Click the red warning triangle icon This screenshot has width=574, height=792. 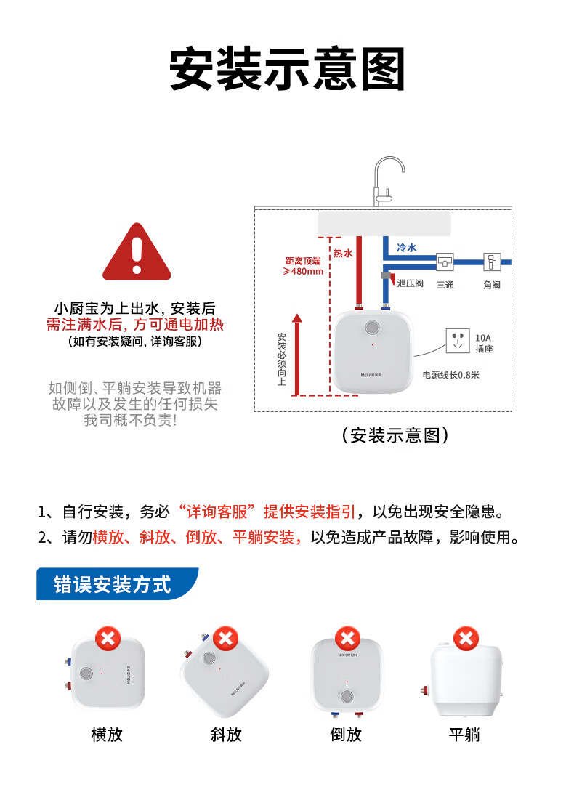[x=137, y=253]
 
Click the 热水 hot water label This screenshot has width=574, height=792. [x=342, y=254]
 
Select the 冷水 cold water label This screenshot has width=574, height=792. [x=406, y=248]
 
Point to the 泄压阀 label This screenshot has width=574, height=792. [x=410, y=283]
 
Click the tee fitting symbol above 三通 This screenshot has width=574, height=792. [x=445, y=262]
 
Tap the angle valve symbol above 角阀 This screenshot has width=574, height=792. [x=492, y=262]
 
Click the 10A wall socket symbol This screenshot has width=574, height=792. [x=458, y=341]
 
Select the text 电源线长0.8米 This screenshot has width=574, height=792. [x=450, y=375]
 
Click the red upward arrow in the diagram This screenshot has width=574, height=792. [x=297, y=355]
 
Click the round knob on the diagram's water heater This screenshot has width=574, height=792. [x=373, y=328]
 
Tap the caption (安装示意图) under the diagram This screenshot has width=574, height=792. [x=395, y=435]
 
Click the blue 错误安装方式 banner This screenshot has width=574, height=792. [x=117, y=584]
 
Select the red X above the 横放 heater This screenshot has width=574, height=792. [x=108, y=639]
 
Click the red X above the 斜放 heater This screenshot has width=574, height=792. [x=226, y=639]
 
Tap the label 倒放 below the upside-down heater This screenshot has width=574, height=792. [x=346, y=735]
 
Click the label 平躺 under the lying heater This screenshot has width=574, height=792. [x=464, y=735]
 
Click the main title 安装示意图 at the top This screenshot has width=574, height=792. [x=287, y=69]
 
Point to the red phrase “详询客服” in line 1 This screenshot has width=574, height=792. [x=217, y=512]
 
